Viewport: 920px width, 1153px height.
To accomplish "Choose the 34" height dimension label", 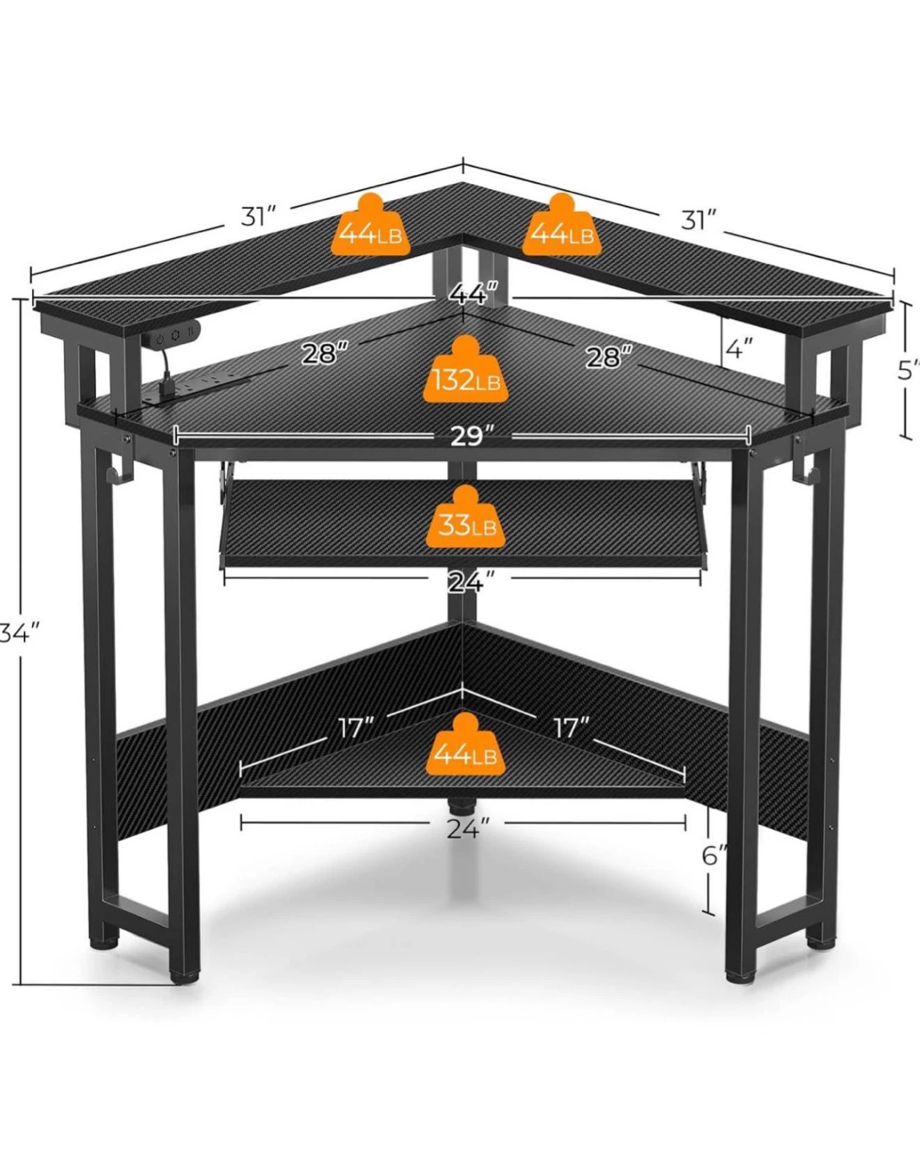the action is pos(20,634).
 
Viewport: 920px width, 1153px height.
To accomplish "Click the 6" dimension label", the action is pos(714,856).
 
